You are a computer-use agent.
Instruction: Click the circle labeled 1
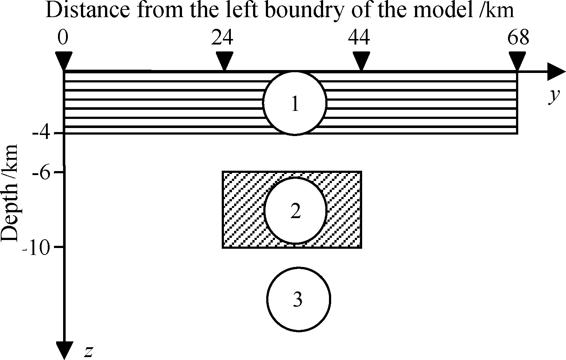coord(295,103)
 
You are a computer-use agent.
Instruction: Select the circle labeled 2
coord(295,210)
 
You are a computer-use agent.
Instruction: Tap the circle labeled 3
coord(299,299)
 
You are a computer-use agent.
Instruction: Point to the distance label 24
coord(222,38)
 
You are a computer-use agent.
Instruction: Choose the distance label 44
coord(359,38)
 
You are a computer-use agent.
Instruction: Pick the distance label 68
coord(518,38)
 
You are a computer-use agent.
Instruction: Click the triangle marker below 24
coord(224,60)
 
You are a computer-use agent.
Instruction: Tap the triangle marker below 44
coord(361,60)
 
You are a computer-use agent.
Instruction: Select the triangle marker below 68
coord(517,60)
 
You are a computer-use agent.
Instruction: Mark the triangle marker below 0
coord(64,60)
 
